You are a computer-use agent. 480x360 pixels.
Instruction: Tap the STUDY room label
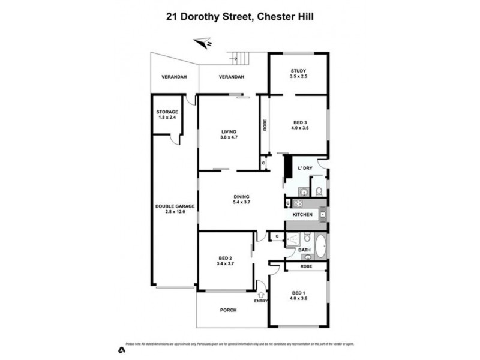(299, 70)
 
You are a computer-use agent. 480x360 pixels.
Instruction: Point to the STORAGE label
(167, 112)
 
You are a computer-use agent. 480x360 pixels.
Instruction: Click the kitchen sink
(322, 214)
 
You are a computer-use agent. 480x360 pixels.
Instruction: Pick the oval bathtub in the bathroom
(321, 246)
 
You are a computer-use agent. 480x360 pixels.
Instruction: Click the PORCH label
(228, 310)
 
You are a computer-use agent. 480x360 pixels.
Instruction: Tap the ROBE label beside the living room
(264, 126)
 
